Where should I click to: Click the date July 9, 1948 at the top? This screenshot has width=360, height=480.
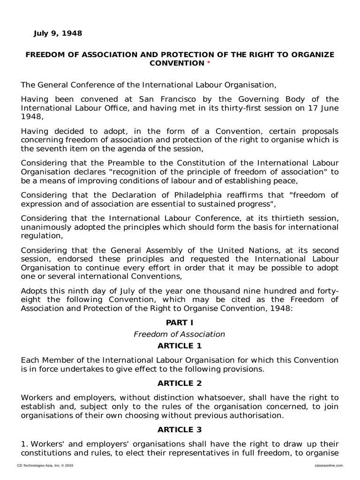pyautogui.click(x=58, y=33)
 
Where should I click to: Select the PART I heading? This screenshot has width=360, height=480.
pyautogui.click(x=180, y=322)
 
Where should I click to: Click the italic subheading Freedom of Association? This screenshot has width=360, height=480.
pyautogui.click(x=180, y=334)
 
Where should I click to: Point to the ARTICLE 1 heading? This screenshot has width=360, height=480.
pyautogui.click(x=180, y=346)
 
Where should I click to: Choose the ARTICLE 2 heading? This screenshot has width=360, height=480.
pyautogui.click(x=180, y=383)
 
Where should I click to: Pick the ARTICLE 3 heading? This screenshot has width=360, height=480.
pyautogui.click(x=180, y=429)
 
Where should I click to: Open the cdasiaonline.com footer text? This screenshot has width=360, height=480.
pyautogui.click(x=327, y=465)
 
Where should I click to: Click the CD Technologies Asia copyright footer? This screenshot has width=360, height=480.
pyautogui.click(x=45, y=465)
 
